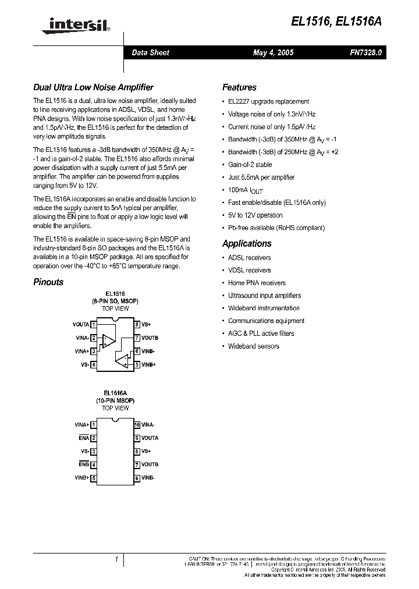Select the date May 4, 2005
(273, 53)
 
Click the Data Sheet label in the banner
(150, 53)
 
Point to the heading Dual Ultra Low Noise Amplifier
(93, 87)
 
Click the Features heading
(239, 87)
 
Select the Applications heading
(247, 243)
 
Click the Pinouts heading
(48, 282)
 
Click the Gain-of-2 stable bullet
(250, 165)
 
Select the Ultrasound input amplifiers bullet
(264, 296)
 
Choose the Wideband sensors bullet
(253, 346)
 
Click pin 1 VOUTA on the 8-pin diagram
(81, 324)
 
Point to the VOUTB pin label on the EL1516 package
(150, 338)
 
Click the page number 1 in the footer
(116, 560)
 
